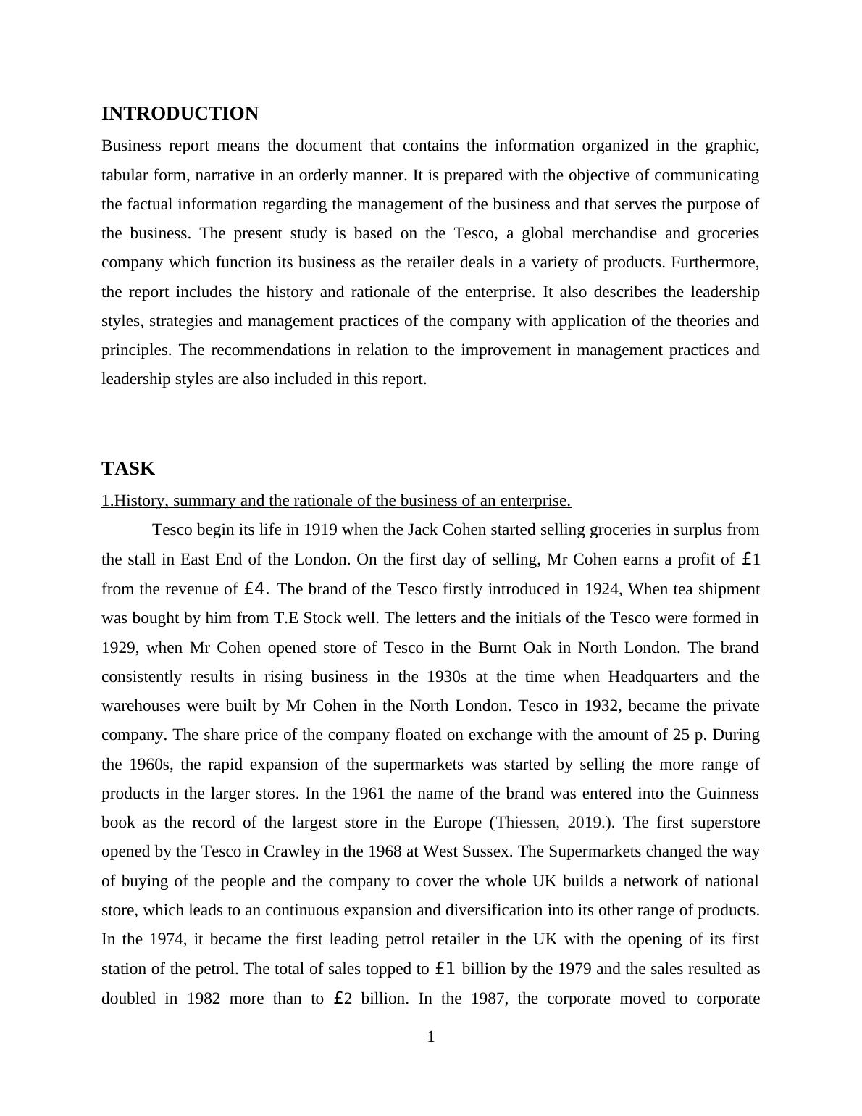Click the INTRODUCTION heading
point(180,114)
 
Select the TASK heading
point(128,469)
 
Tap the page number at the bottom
point(431,1038)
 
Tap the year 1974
point(167,939)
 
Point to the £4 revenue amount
point(257,589)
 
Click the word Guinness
point(727,794)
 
